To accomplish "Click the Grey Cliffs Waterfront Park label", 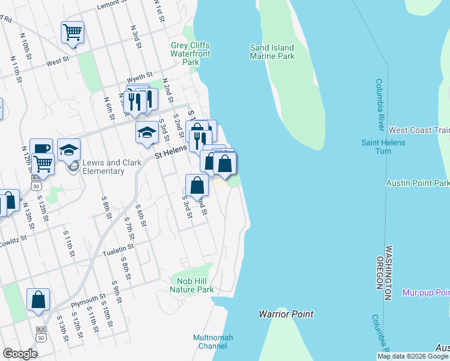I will tap(190, 54).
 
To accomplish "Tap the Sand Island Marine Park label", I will tap(273, 52).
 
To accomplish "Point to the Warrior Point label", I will tap(286, 314).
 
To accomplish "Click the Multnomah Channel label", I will tap(213, 342).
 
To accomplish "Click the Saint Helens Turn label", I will tap(383, 147).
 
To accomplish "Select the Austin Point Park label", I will tap(418, 183).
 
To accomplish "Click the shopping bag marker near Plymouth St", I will tap(38, 300).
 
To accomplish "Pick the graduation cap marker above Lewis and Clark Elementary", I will tap(69, 149).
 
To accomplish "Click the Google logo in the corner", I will tap(20, 354).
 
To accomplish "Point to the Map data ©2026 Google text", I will tap(413, 356).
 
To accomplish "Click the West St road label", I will tap(58, 61).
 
